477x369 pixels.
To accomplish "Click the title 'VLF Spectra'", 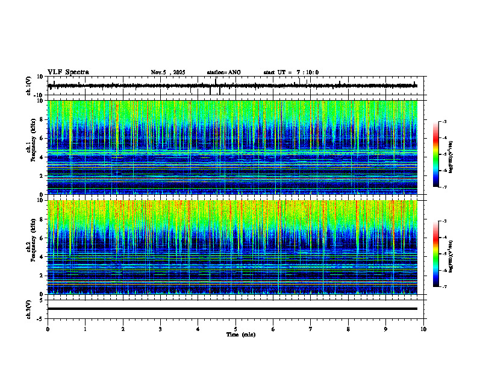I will click(x=68, y=72).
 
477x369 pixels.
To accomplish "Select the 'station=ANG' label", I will click(x=223, y=72).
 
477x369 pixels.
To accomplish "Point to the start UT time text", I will click(x=291, y=72).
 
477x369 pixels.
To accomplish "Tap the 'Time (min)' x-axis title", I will click(x=240, y=334).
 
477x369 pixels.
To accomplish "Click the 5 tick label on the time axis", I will click(x=236, y=329).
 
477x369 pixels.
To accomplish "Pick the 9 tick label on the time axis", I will click(x=386, y=329).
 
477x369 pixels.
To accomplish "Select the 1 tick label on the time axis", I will click(x=86, y=329).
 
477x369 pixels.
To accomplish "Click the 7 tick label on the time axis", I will click(x=311, y=329).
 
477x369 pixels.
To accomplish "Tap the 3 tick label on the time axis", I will click(x=161, y=329).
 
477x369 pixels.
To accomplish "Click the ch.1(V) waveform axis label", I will click(x=28, y=86).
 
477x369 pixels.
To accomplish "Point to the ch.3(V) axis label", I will click(x=28, y=309).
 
